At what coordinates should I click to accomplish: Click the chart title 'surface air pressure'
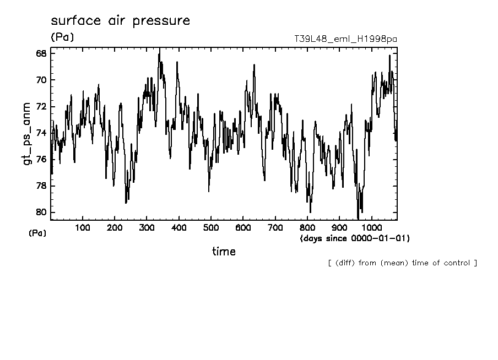120,21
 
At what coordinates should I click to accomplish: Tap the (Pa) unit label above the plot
62,37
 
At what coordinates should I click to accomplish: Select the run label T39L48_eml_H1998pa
346,39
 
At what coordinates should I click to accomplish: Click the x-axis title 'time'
224,252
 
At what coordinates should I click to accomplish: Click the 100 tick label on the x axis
83,228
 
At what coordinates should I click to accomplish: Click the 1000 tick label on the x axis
372,228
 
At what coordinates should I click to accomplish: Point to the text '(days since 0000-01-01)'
355,238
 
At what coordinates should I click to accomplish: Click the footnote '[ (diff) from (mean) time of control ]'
402,263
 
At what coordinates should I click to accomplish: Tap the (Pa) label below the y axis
37,233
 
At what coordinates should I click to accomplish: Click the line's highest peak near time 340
160,49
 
